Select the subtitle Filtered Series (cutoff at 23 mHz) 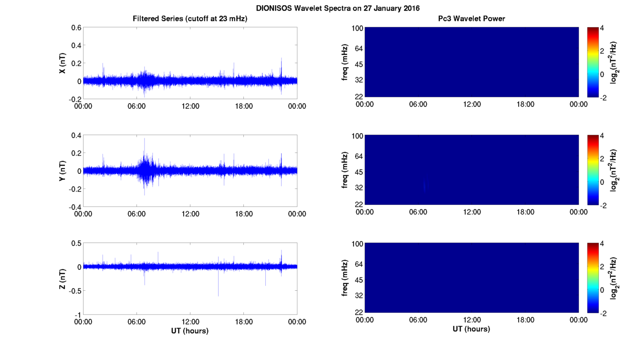click(190, 19)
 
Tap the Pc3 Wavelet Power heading click(471, 19)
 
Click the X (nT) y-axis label click(62, 64)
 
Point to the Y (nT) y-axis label click(62, 171)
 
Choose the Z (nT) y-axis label click(62, 279)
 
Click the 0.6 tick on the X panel click(76, 28)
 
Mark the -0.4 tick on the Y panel click(74, 207)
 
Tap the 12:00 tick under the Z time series click(190, 322)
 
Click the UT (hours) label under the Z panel click(190, 330)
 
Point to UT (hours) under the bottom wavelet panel click(471, 329)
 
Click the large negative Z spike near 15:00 click(218, 286)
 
